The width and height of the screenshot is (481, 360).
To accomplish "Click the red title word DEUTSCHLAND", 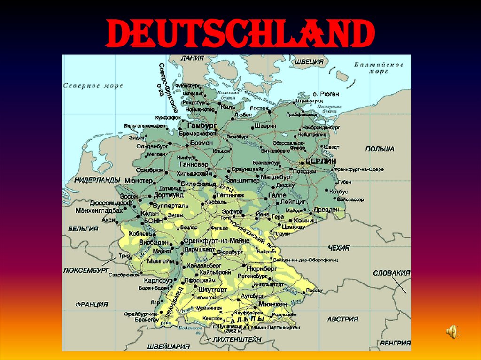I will click(x=240, y=34).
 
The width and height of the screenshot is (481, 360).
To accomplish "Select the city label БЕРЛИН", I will click(x=321, y=161).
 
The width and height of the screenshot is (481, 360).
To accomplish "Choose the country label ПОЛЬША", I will click(x=380, y=149).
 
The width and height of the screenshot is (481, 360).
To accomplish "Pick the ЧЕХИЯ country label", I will click(x=339, y=248).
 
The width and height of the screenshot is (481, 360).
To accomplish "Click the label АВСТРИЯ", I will click(x=343, y=319).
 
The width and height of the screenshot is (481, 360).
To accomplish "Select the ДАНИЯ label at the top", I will click(x=192, y=59).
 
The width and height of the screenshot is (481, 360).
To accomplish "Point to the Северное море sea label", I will click(x=93, y=86).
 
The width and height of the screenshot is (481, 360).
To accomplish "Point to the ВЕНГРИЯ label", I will click(x=396, y=343).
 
